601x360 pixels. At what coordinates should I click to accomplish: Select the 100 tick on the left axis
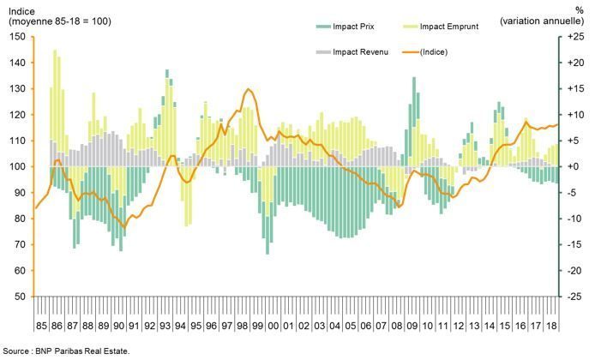[x=17, y=166]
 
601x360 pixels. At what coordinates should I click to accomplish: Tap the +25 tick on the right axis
[x=575, y=37]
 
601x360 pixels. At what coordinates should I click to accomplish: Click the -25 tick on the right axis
[x=575, y=297]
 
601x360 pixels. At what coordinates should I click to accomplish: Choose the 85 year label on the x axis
[x=41, y=327]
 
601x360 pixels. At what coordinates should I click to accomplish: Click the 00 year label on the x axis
[x=273, y=327]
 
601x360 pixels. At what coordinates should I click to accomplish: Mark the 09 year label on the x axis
[x=412, y=327]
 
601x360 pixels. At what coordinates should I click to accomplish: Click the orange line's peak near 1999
[x=249, y=89]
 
